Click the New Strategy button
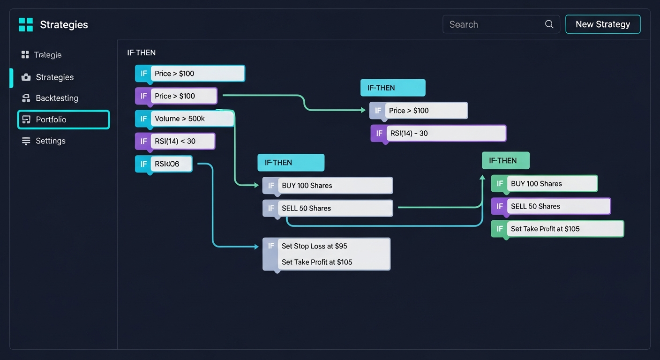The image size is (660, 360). pyautogui.click(x=603, y=24)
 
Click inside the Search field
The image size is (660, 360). pyautogui.click(x=492, y=24)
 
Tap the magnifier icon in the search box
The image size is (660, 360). pyautogui.click(x=549, y=24)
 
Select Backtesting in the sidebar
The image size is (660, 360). pyautogui.click(x=57, y=98)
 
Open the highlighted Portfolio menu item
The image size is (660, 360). pyautogui.click(x=63, y=120)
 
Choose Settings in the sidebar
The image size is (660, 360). pyautogui.click(x=50, y=141)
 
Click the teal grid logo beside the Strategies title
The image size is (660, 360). pyautogui.click(x=26, y=24)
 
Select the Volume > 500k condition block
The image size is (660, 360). pyautogui.click(x=185, y=119)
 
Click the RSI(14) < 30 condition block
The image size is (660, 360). pyautogui.click(x=175, y=141)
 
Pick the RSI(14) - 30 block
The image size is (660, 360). pyautogui.click(x=438, y=133)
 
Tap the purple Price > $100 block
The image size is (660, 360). pyautogui.click(x=176, y=96)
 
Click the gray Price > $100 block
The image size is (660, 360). pyautogui.click(x=419, y=111)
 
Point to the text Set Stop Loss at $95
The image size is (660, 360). pyautogui.click(x=314, y=246)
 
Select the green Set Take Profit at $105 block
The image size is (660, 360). pyautogui.click(x=557, y=229)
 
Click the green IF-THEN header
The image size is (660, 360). pyautogui.click(x=505, y=160)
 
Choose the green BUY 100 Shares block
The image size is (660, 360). pyautogui.click(x=544, y=184)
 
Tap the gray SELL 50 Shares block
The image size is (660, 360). pyautogui.click(x=328, y=208)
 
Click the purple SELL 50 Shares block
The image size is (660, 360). pyautogui.click(x=551, y=206)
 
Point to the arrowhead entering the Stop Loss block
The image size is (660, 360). pyautogui.click(x=256, y=246)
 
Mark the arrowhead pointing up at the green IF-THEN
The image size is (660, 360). pyautogui.click(x=482, y=178)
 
